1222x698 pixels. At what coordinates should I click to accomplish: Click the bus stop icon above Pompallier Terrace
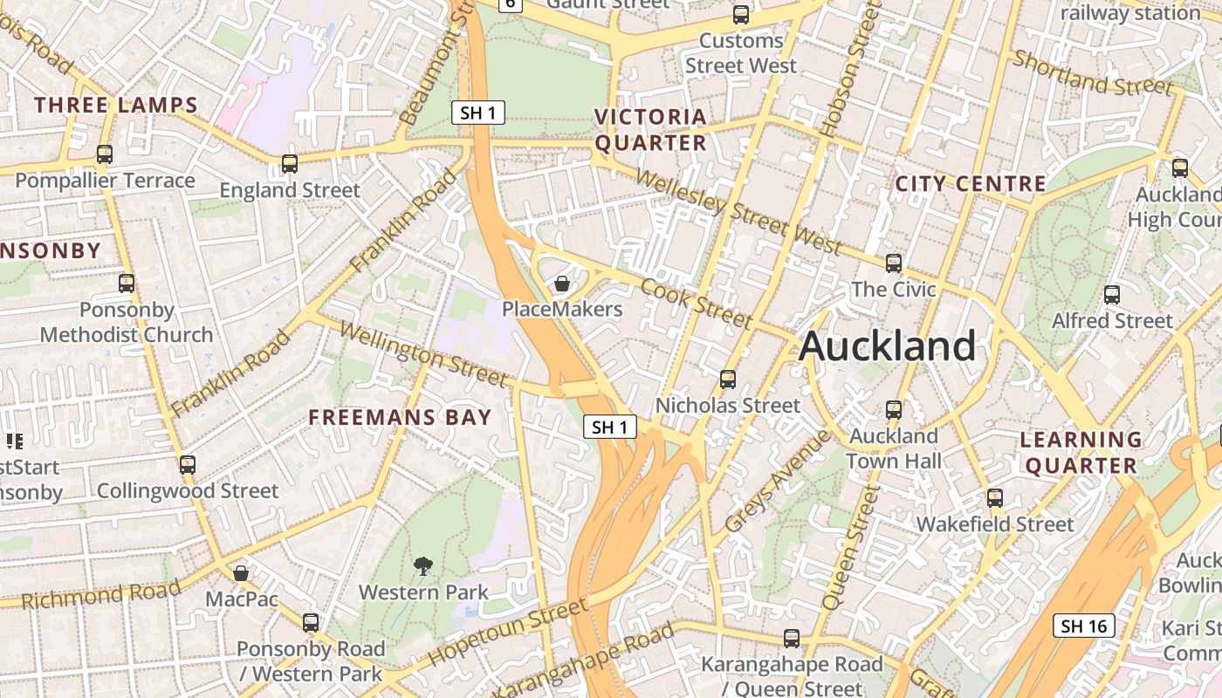coord(105,154)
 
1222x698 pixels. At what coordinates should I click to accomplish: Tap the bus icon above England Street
coord(289,163)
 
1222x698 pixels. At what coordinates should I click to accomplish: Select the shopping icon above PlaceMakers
coord(562,284)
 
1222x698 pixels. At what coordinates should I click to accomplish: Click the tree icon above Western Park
coord(423,566)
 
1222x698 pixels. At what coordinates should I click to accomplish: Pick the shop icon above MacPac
coord(241,573)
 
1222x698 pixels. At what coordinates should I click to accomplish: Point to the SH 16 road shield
coord(1085,626)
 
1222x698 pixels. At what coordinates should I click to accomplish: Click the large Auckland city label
coord(887,346)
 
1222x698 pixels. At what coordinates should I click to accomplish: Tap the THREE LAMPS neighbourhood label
coord(116,106)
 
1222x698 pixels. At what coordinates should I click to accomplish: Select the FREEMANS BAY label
coord(400,417)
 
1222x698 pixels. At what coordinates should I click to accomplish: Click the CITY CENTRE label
coord(971,184)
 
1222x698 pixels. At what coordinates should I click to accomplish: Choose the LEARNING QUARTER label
coord(1081,452)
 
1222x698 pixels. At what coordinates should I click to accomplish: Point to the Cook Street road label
coord(695,304)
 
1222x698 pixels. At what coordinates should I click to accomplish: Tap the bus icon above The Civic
coord(893,263)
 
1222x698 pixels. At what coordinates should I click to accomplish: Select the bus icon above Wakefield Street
coord(994,498)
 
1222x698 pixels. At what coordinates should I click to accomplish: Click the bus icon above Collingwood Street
coord(188,464)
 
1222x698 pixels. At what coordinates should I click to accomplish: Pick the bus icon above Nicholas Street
coord(727,379)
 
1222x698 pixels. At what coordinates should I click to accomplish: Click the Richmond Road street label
coord(100,594)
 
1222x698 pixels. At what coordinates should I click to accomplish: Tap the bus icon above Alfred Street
coord(1111,295)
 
